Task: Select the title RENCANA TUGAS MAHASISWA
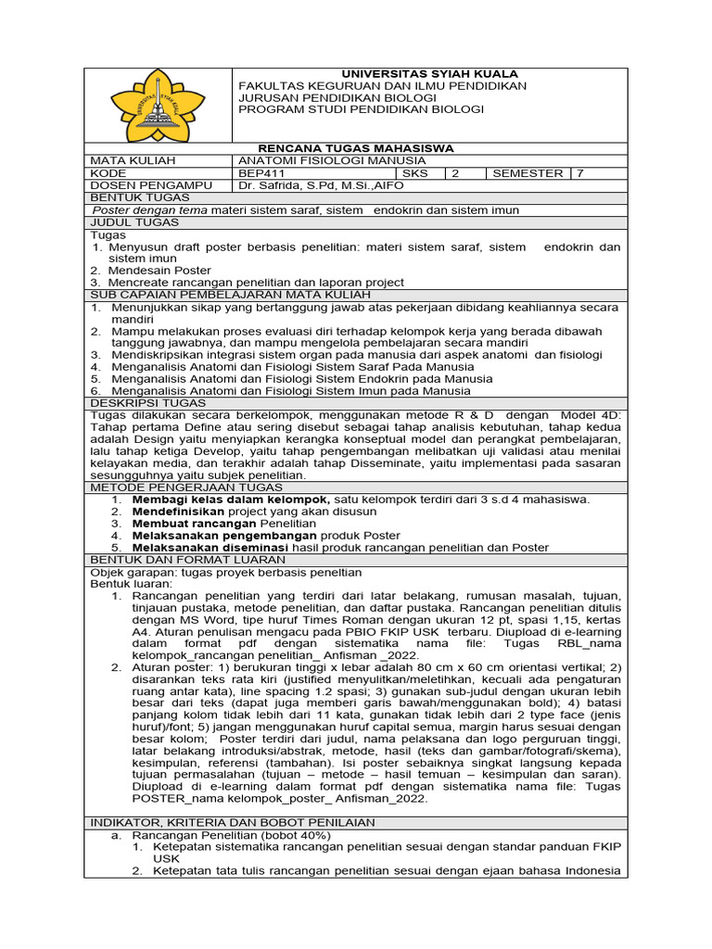pyautogui.click(x=356, y=148)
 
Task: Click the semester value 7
pyautogui.click(x=580, y=173)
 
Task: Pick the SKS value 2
pyautogui.click(x=455, y=173)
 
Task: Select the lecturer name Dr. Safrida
pyautogui.click(x=314, y=185)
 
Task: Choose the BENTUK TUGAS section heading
pyautogui.click(x=140, y=197)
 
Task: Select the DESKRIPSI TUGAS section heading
pyautogui.click(x=146, y=403)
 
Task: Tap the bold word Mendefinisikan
pyautogui.click(x=178, y=512)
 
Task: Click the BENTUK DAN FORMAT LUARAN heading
pyautogui.click(x=187, y=560)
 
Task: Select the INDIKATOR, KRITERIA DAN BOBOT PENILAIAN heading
pyautogui.click(x=233, y=822)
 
